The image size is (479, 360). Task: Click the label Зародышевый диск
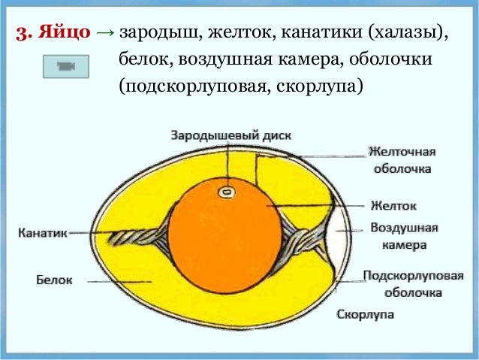point(230,135)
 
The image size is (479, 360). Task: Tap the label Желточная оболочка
point(402,160)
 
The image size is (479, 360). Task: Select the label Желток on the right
point(393,204)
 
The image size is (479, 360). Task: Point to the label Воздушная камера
point(405,236)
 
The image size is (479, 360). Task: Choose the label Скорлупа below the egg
point(366,313)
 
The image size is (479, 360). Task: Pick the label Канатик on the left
point(42,234)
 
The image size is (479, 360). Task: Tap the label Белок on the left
point(55,280)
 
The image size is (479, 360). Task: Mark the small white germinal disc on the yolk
point(224,192)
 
